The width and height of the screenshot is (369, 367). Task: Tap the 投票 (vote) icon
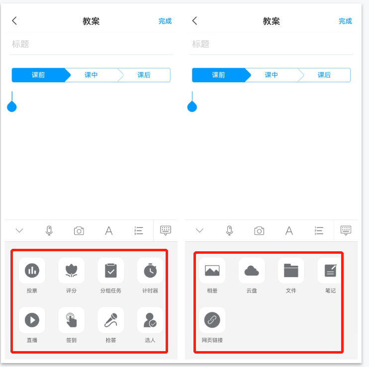click(x=32, y=271)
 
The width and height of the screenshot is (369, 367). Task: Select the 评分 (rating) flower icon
click(x=71, y=271)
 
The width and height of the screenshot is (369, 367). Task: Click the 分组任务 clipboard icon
click(x=111, y=271)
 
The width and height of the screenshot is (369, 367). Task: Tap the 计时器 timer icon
click(x=150, y=271)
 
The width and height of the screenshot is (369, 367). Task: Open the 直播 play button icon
click(x=32, y=320)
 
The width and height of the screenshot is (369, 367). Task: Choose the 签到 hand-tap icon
click(x=71, y=320)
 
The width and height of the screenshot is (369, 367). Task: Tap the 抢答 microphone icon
click(x=111, y=320)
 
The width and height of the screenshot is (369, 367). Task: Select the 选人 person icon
click(x=150, y=320)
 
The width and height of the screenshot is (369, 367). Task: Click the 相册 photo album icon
click(x=212, y=271)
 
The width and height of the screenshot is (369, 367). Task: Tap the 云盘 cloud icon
click(x=252, y=271)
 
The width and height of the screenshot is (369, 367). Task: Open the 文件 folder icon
click(x=291, y=271)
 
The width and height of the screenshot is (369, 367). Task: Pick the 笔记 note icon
click(x=330, y=271)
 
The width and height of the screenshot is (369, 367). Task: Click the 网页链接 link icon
click(x=212, y=320)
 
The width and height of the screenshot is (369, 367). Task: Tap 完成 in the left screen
click(x=165, y=21)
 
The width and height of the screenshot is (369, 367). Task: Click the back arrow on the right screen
click(x=194, y=21)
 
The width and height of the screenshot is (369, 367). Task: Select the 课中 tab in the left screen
click(x=91, y=75)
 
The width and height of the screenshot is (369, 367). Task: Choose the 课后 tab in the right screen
click(x=324, y=75)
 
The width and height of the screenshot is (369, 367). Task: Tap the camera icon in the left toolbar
click(x=79, y=231)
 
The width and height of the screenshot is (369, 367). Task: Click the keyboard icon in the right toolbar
click(x=346, y=230)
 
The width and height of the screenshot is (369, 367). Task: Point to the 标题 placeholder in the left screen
click(x=20, y=44)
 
